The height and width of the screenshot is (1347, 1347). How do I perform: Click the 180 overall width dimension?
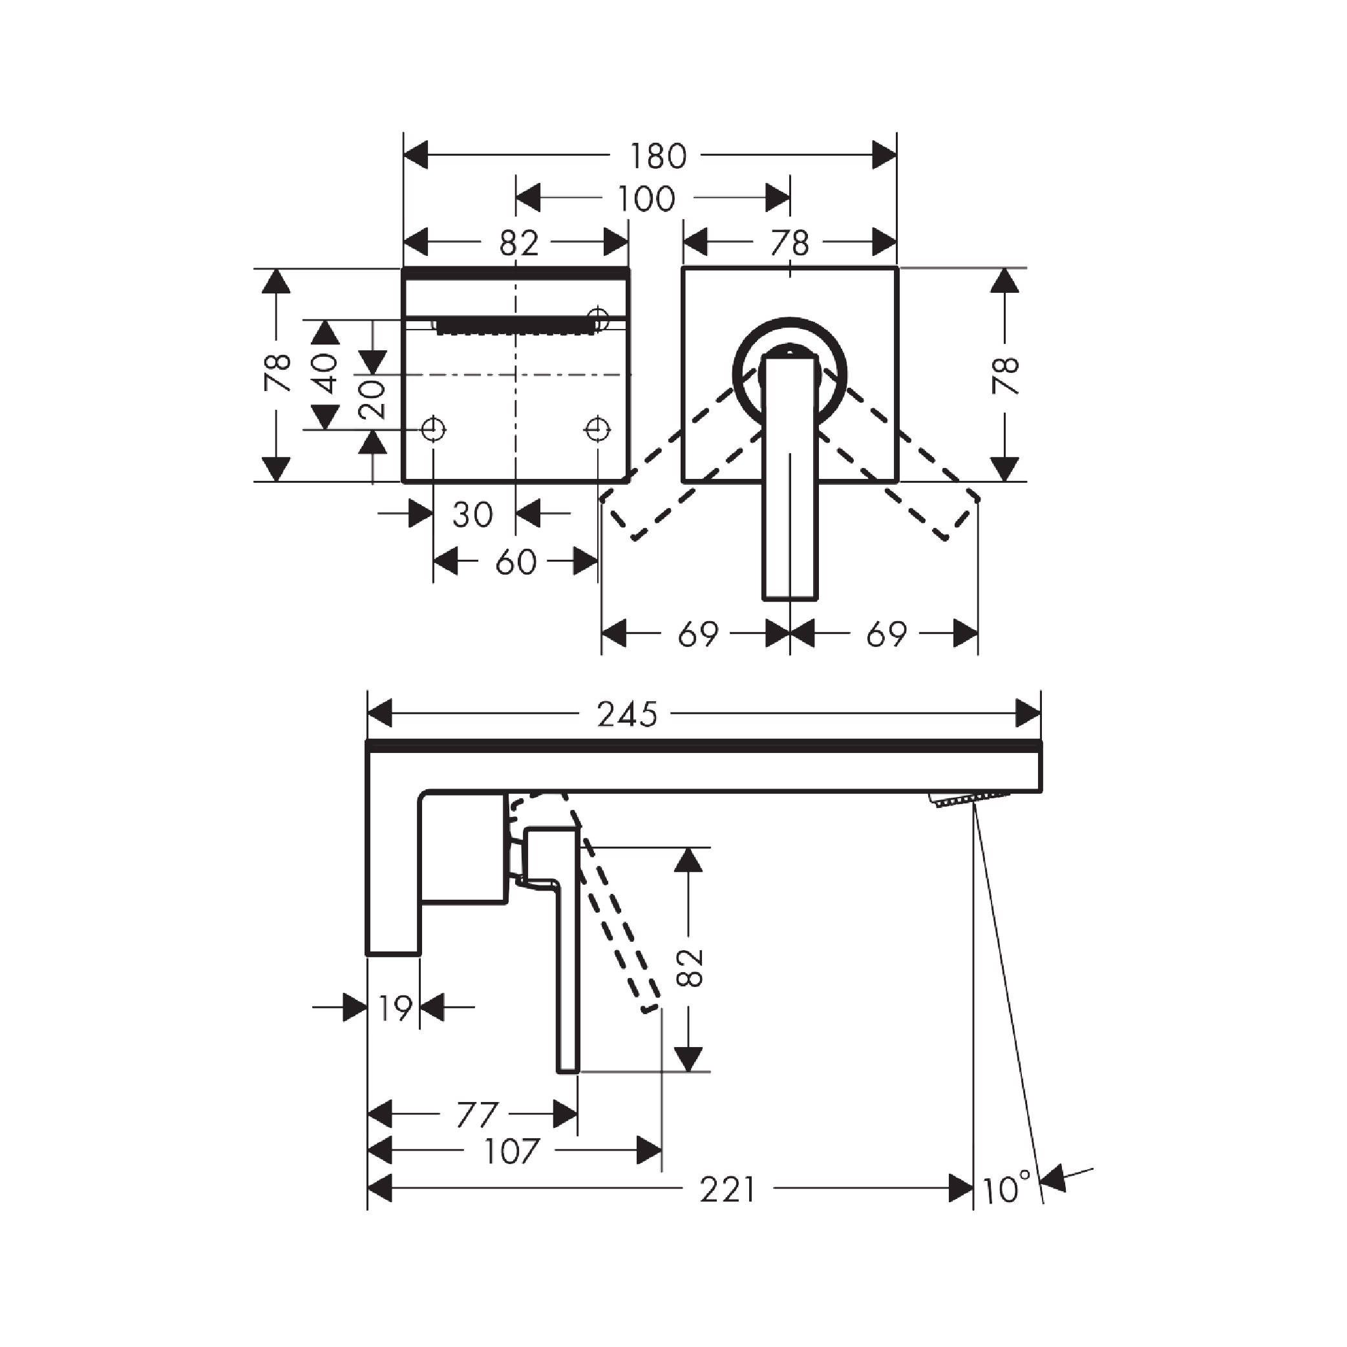659,156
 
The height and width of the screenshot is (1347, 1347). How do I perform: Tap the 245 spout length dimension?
628,714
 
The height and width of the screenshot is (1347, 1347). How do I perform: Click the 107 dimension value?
511,1151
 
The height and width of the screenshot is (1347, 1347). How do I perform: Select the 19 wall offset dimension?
395,1008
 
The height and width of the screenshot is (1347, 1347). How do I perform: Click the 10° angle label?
1006,1188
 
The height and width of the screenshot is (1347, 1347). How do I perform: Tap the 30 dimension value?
472,514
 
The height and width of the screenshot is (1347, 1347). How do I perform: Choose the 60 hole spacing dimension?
516,562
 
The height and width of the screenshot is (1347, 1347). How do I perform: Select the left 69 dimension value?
698,635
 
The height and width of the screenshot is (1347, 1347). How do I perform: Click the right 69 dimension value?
886,635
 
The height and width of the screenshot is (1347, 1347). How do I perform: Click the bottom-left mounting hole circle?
434,429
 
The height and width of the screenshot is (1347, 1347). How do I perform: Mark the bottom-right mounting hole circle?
597,429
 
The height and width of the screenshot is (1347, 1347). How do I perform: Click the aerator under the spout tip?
969,800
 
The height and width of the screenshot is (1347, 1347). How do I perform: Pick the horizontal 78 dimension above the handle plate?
790,243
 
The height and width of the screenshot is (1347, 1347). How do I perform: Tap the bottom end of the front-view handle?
790,599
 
